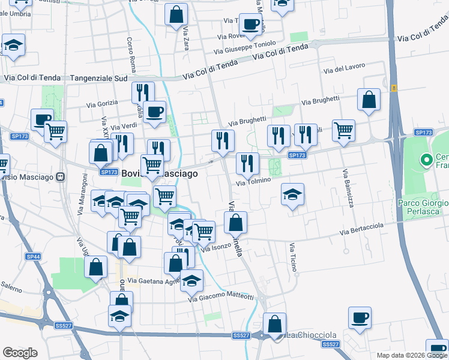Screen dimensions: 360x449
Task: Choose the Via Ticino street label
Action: tap(292, 257)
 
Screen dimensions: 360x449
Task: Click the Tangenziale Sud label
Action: tap(100, 78)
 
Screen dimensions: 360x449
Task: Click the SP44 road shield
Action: tap(34, 256)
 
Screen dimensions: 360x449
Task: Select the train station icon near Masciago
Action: tap(60, 177)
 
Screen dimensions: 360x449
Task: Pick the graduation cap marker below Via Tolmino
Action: tap(292, 194)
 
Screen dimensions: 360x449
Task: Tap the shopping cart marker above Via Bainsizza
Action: tap(343, 130)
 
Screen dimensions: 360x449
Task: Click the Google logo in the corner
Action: tap(20, 353)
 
